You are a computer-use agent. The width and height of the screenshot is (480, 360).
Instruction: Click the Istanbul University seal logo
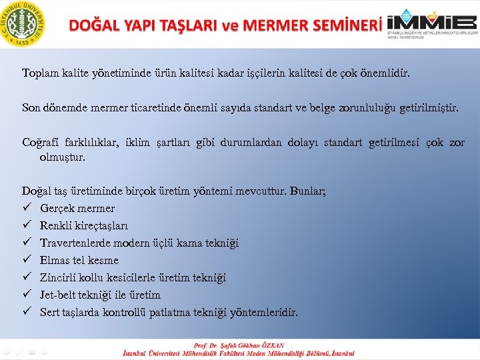pyautogui.click(x=25, y=24)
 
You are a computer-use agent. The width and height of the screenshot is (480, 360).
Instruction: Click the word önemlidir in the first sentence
pyautogui.click(x=385, y=72)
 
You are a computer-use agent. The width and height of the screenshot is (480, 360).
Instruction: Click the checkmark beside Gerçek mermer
pyautogui.click(x=26, y=209)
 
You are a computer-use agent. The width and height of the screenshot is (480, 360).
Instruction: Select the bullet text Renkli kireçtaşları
pyautogui.click(x=84, y=226)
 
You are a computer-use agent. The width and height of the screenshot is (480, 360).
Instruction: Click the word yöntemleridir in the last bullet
pyautogui.click(x=265, y=313)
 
